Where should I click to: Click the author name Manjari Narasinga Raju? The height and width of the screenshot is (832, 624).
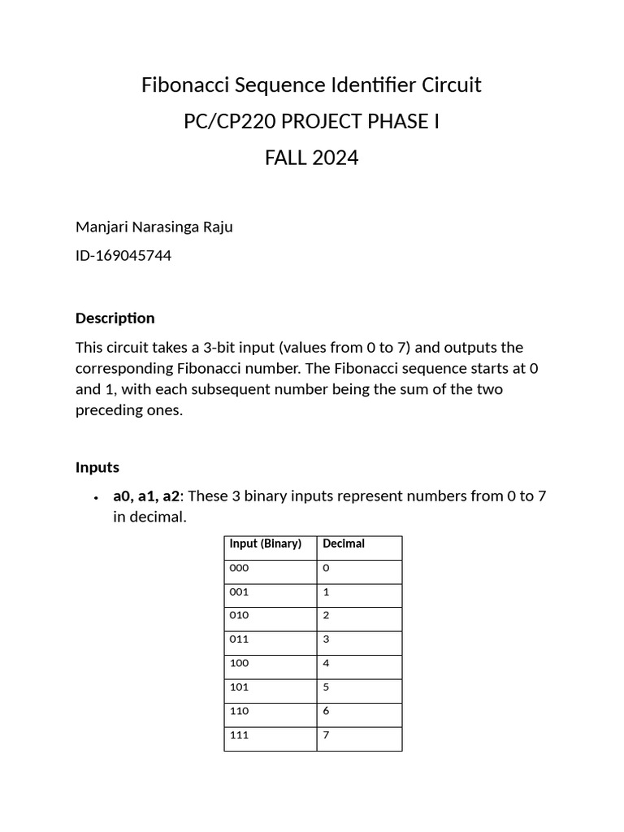154,227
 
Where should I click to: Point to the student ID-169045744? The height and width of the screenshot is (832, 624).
123,256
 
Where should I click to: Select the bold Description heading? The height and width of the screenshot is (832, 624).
115,318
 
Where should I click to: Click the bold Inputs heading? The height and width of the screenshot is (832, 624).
97,467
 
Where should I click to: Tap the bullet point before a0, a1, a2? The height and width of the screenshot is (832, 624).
96,497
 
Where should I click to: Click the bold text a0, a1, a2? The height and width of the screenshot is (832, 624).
146,496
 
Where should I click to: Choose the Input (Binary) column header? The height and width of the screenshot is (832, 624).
265,544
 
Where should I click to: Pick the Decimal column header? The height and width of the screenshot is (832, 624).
344,544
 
